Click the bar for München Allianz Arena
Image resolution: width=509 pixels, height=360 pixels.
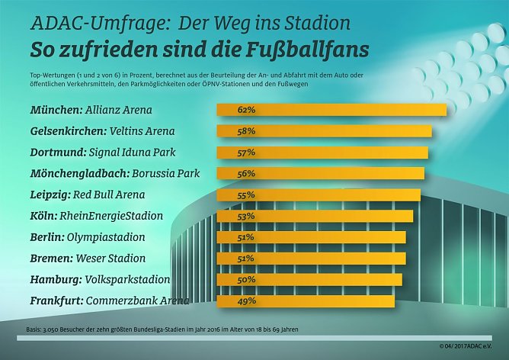point(331,110)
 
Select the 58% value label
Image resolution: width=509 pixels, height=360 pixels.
point(245,131)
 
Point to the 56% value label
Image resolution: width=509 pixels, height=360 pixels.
point(245,174)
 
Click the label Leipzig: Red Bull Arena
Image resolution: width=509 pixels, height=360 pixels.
point(87,194)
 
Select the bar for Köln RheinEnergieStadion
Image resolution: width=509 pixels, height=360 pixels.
point(315,216)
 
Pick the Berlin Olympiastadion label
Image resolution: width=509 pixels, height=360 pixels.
point(87,237)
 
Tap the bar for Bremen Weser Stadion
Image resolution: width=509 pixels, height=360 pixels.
point(312,259)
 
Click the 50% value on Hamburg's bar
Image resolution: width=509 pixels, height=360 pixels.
point(245,280)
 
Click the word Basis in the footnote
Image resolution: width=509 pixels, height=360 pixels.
point(35,330)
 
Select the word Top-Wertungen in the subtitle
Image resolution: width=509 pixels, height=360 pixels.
point(52,76)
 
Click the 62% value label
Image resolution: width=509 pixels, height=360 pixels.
point(245,110)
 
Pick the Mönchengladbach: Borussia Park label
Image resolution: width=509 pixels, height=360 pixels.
point(114,174)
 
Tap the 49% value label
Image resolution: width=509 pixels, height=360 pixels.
point(245,301)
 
